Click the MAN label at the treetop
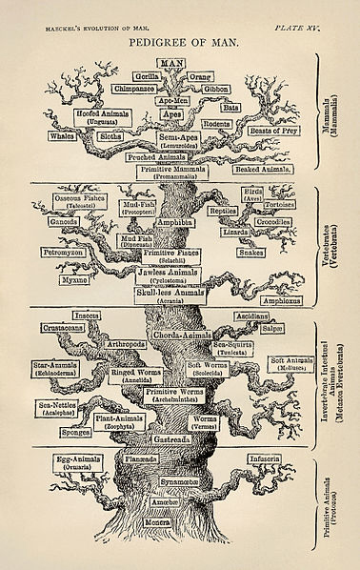tap(172, 62)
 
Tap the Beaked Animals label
tap(258, 168)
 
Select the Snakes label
tap(251, 254)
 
